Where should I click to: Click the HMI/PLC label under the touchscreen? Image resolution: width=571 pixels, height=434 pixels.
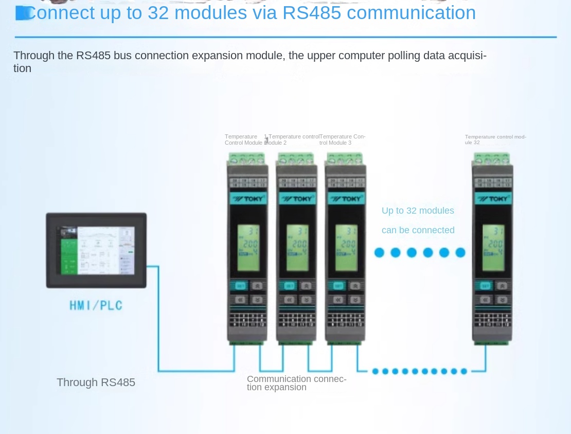(x=96, y=305)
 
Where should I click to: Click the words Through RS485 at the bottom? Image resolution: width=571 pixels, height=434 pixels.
(x=96, y=383)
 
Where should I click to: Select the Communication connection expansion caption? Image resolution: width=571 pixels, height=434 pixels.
(x=296, y=383)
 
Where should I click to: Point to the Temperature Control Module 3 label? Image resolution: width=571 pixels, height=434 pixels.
(x=342, y=140)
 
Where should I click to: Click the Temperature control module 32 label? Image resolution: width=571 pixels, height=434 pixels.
(x=495, y=140)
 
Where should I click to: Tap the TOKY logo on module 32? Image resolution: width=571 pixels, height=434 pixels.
(x=493, y=199)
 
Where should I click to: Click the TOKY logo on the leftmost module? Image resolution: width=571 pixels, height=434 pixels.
(x=248, y=199)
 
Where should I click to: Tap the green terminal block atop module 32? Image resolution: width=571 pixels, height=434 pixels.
(x=492, y=158)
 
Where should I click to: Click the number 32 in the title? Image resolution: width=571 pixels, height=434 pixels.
(x=158, y=13)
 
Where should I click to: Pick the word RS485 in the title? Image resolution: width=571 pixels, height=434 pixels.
(x=312, y=13)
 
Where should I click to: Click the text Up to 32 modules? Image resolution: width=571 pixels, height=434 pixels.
(x=418, y=211)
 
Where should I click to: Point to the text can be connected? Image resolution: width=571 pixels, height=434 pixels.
(x=418, y=230)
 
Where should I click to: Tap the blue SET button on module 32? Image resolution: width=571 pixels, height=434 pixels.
(x=485, y=286)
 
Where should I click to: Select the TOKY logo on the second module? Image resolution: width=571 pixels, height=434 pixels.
(x=297, y=199)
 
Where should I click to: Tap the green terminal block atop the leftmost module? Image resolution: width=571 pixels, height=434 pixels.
(x=247, y=158)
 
